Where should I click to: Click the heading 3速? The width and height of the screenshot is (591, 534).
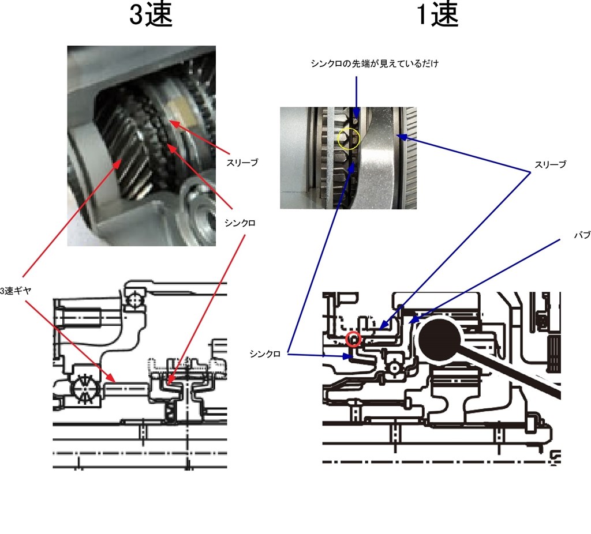tap(151, 16)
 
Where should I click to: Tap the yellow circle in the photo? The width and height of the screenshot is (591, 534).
tap(349, 139)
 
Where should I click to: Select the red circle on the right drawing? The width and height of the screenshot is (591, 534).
tap(353, 339)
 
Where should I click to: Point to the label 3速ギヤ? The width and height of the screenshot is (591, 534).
tap(15, 292)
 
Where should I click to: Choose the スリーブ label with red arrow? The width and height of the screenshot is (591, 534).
tap(242, 163)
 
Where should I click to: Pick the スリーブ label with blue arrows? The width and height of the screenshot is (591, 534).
tap(550, 165)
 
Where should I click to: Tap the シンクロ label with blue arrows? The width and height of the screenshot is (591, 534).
tap(265, 354)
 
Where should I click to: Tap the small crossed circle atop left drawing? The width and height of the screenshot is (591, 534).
tap(137, 299)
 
